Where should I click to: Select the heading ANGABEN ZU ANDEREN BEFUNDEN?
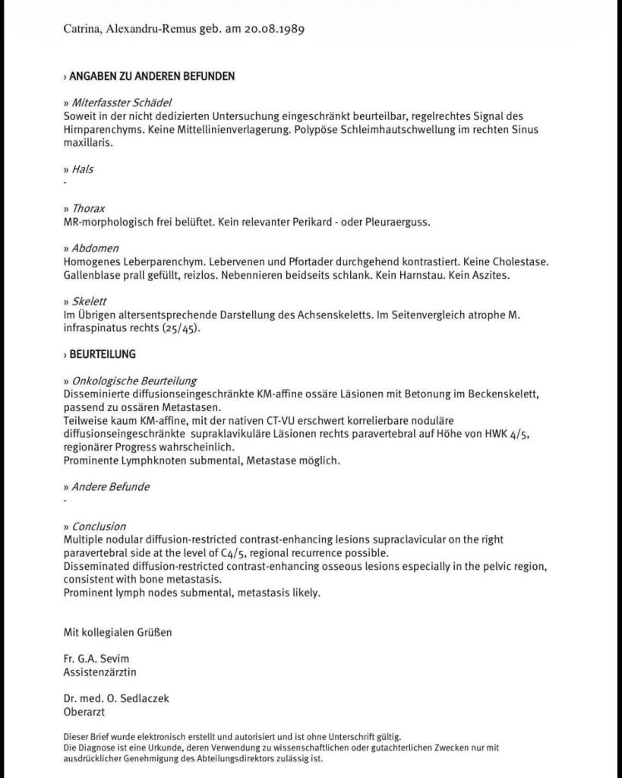[x=152, y=76]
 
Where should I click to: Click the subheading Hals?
[x=83, y=169]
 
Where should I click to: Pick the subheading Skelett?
[x=89, y=301]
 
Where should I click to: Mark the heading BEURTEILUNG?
[x=103, y=354]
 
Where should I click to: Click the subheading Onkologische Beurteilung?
[x=134, y=381]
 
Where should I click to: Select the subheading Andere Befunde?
[x=110, y=486]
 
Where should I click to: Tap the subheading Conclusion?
[x=99, y=526]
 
